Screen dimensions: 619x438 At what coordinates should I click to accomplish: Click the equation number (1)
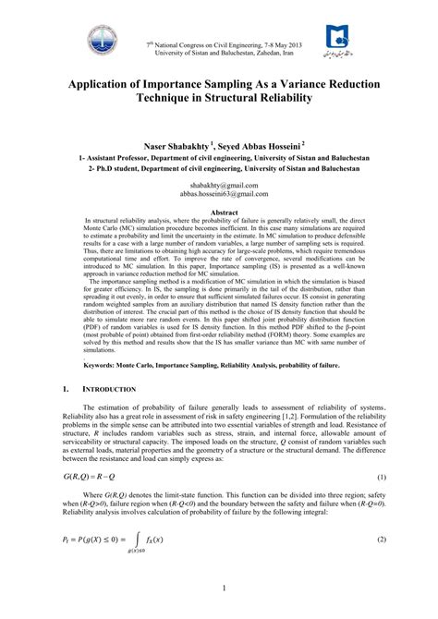click(x=381, y=476)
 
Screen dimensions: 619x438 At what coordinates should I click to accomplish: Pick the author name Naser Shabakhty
click(x=174, y=145)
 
